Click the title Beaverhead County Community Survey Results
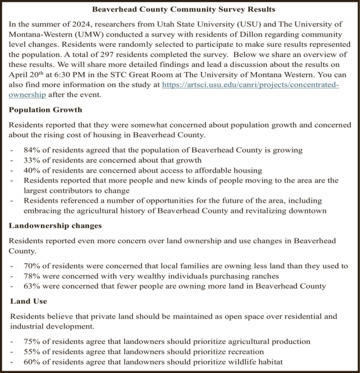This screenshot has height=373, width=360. click(179, 10)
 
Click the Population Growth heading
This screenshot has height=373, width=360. click(43, 110)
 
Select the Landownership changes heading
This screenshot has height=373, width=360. click(55, 226)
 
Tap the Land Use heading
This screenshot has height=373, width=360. click(28, 302)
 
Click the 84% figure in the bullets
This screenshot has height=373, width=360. click(33, 150)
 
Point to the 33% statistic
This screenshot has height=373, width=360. click(33, 160)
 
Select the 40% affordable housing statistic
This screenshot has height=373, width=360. click(33, 170)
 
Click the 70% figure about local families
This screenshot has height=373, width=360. click(33, 266)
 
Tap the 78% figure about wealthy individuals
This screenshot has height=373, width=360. click(33, 276)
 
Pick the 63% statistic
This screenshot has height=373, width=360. click(33, 286)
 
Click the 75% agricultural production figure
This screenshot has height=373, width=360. click(33, 341)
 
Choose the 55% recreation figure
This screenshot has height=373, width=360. click(33, 352)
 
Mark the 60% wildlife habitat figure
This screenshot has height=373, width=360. click(33, 362)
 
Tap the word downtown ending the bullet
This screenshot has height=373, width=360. click(308, 210)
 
